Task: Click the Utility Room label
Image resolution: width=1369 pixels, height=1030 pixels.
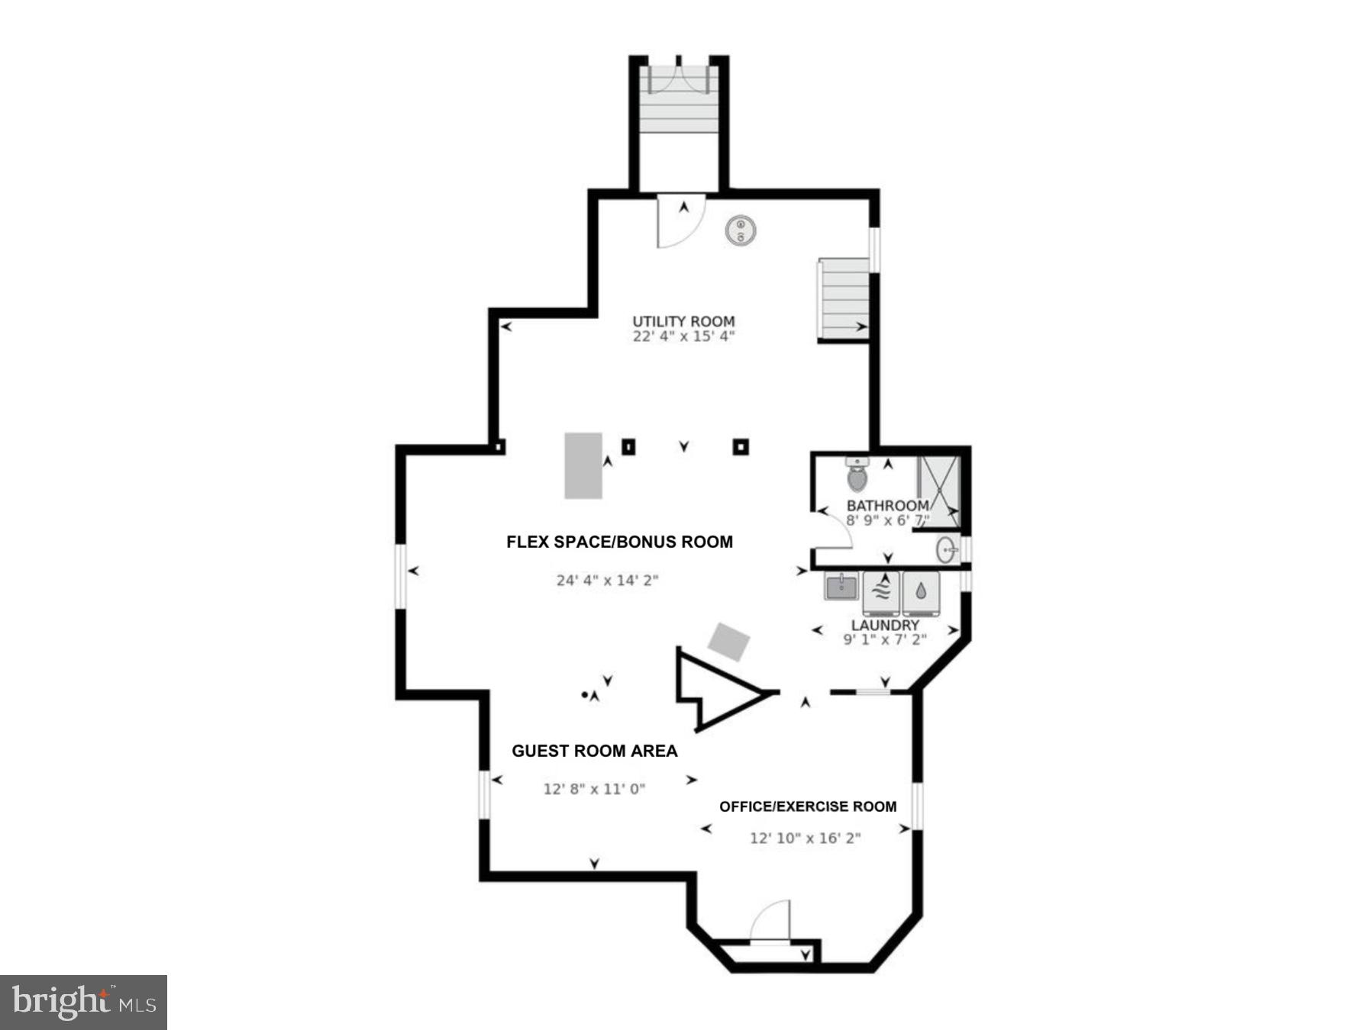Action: tap(683, 321)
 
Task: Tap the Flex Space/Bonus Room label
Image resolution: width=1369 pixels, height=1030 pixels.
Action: tap(619, 542)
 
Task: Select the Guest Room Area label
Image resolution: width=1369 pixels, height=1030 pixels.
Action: tap(594, 751)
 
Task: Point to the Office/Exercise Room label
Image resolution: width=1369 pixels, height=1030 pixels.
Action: tap(808, 806)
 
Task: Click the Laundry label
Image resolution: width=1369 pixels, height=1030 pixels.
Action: tap(885, 625)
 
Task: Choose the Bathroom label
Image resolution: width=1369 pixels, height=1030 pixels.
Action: tap(887, 506)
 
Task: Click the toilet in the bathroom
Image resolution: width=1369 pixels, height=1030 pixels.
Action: tap(857, 475)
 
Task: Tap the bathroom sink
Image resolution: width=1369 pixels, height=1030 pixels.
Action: tap(947, 549)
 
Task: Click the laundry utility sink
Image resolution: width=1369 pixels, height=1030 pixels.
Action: tap(841, 586)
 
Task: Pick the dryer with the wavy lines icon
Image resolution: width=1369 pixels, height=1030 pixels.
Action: tap(881, 592)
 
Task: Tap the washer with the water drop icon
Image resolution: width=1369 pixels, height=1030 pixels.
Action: tap(921, 592)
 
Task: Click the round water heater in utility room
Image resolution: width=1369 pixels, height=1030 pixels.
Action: tap(741, 230)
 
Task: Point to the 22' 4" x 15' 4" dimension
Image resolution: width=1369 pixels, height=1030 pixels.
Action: tap(683, 336)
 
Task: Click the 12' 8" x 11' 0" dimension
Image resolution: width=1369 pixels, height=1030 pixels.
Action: tap(594, 789)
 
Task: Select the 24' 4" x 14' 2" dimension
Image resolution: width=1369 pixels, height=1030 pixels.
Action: tap(607, 581)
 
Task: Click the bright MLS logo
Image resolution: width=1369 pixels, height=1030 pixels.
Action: tap(83, 1002)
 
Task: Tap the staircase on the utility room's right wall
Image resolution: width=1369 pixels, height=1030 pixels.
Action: tap(844, 299)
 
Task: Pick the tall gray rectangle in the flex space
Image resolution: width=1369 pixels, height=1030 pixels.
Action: tap(583, 465)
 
